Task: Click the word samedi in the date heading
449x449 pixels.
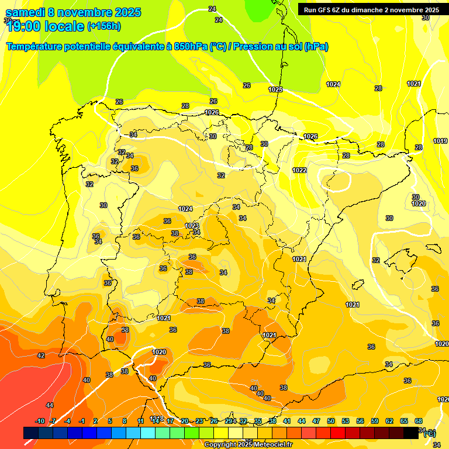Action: click(x=27, y=12)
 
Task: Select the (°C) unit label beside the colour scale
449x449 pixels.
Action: click(x=429, y=433)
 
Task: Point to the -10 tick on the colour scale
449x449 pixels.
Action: click(x=40, y=421)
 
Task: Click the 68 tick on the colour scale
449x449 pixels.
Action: click(x=419, y=421)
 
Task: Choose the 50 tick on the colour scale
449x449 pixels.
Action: click(x=331, y=421)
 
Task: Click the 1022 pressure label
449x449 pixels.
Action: click(x=299, y=170)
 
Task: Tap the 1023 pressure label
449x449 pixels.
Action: click(x=192, y=226)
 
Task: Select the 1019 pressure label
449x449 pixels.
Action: click(x=440, y=141)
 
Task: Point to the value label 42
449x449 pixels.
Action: click(x=41, y=355)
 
